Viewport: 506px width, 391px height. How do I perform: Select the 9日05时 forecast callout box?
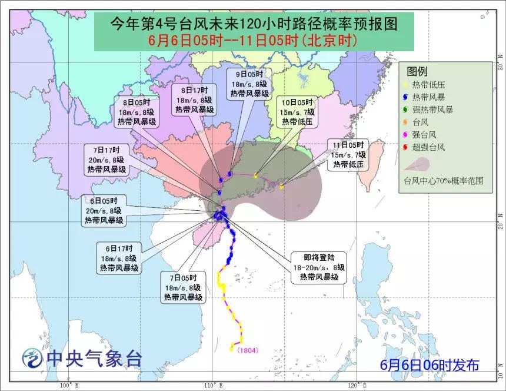pos(249,84)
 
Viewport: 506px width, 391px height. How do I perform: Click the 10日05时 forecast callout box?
pos(298,112)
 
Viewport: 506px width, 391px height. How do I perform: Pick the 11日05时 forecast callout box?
pos(348,154)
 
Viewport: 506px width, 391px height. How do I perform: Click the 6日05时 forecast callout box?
pos(104,210)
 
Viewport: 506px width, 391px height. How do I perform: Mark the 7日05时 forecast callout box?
pos(183,288)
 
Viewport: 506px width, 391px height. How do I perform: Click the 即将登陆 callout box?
pos(319,267)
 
